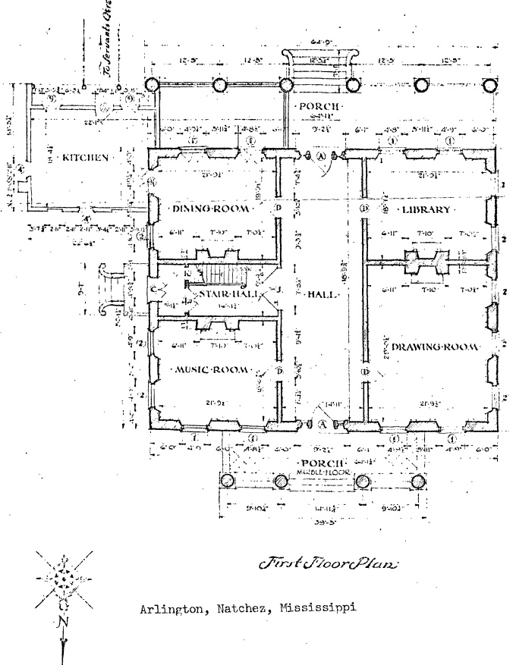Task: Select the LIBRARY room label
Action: [x=426, y=209]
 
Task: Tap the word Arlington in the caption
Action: [x=167, y=608]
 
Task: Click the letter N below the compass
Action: [x=61, y=623]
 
